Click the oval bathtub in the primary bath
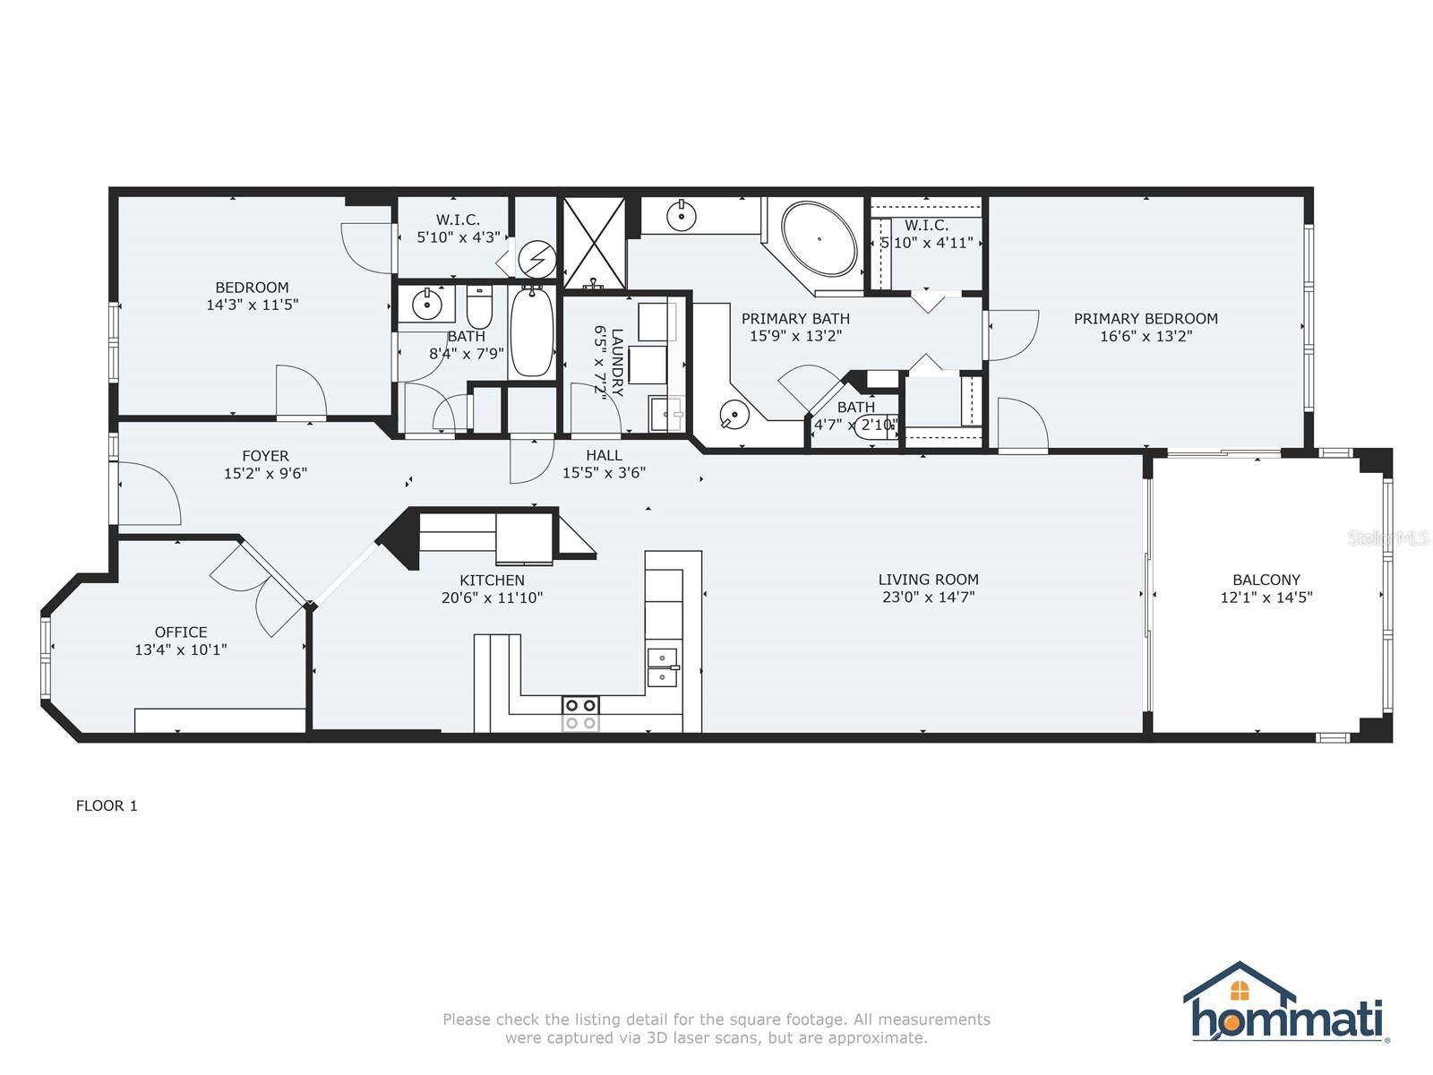pos(819,239)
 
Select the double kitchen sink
pos(664,667)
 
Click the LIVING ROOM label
pos(928,580)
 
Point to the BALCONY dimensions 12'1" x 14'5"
pos(1266,598)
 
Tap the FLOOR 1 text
pos(107,805)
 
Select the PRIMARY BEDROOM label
pos(1146,319)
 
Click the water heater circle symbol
pos(537,259)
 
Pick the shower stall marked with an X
pos(594,243)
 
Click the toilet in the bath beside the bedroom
pos(480,309)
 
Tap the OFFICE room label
pos(181,632)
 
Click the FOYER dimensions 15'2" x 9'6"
pos(265,473)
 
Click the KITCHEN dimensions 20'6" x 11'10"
pos(493,598)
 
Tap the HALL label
pos(604,455)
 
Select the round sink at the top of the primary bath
pos(682,216)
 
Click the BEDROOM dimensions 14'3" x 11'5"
pos(252,305)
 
